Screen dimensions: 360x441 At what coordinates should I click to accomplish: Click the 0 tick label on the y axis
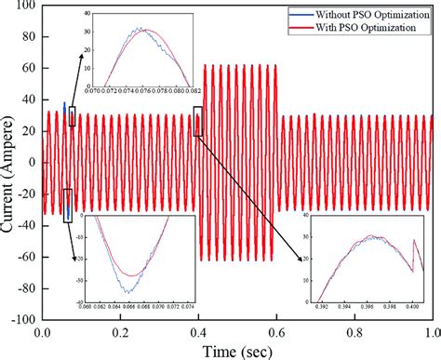32,163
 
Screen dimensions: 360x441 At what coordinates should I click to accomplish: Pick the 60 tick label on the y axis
27,68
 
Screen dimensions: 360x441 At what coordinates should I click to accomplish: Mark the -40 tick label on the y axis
25,225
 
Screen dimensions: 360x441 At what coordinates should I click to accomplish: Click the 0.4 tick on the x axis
197,331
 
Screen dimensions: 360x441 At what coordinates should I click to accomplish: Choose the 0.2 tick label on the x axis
120,331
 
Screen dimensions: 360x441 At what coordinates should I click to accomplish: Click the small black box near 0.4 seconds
197,121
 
